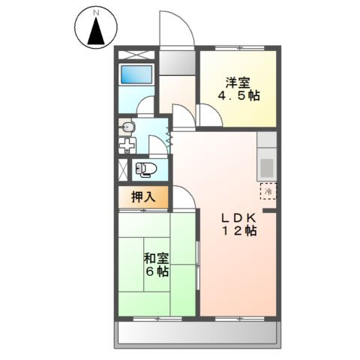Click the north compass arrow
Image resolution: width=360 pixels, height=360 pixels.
coord(95,31)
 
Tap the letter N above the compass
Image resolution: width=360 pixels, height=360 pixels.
coord(95,12)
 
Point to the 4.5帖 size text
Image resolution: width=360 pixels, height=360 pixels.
coord(234,97)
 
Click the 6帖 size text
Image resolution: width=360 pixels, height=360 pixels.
coord(156,273)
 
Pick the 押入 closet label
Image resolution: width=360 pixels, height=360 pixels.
coord(142,198)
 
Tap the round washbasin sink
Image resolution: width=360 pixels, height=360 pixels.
coord(126,127)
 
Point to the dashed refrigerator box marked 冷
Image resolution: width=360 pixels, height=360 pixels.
coord(268,191)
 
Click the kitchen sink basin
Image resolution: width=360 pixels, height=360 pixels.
coord(268,164)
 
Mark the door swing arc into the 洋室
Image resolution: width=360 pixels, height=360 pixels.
coord(209,114)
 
